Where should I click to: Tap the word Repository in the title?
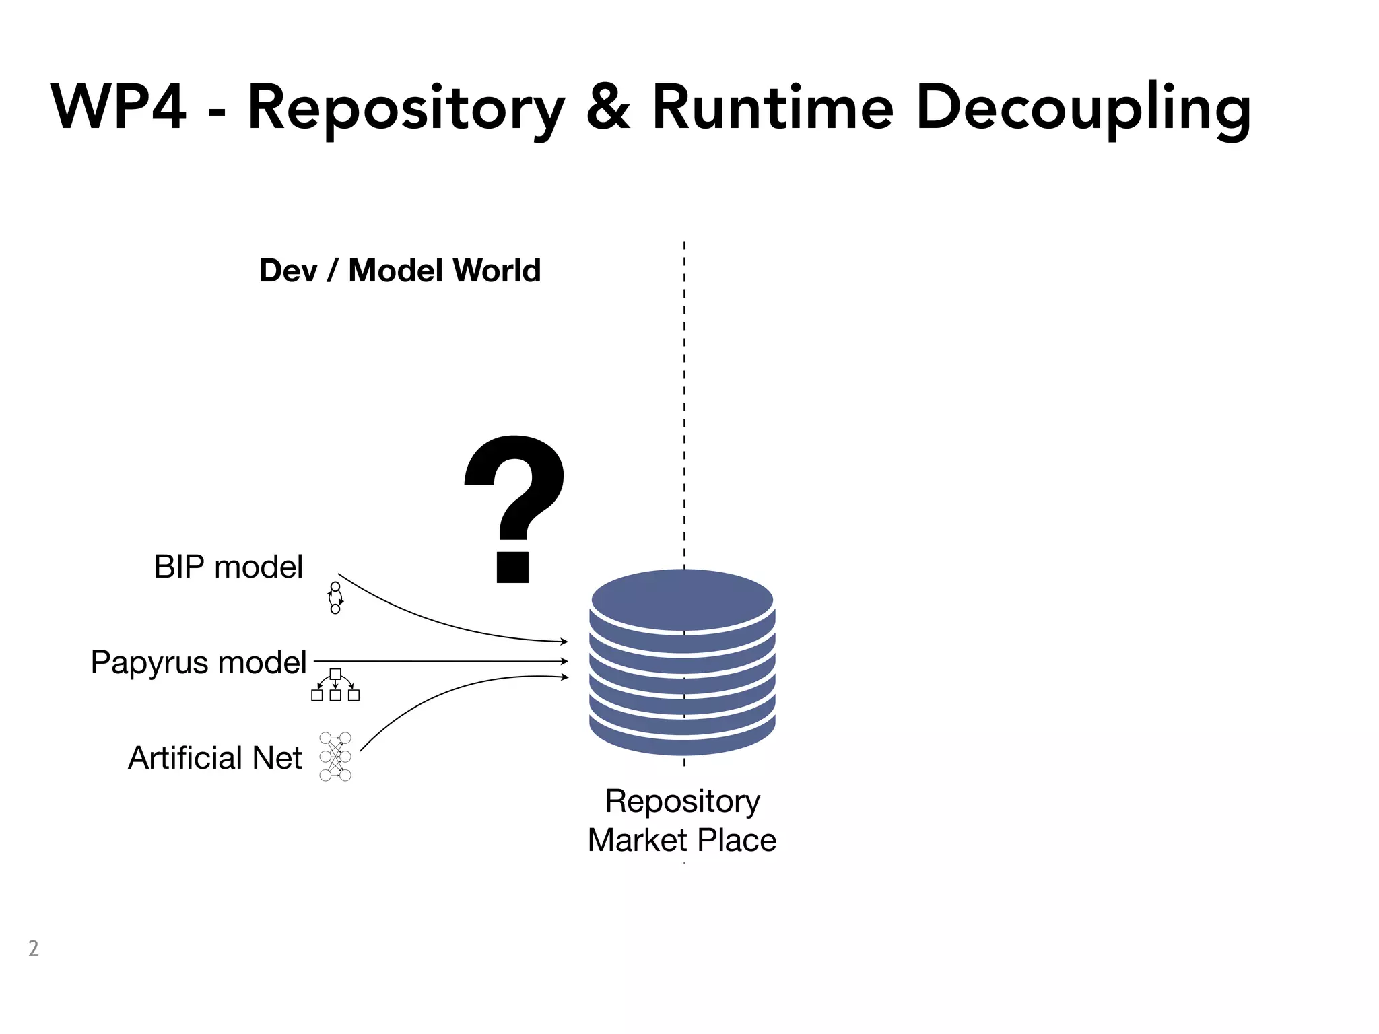click(406, 109)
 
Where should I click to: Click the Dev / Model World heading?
click(400, 271)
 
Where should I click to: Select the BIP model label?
click(228, 567)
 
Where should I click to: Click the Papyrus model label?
click(199, 662)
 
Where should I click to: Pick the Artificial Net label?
click(215, 758)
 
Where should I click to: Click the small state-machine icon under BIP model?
click(335, 598)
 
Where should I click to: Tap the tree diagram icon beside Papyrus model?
click(335, 685)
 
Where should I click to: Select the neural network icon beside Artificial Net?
click(335, 757)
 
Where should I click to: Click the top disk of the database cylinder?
click(682, 599)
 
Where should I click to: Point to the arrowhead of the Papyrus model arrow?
click(564, 662)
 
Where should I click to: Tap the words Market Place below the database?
click(682, 840)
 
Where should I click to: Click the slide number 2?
click(34, 949)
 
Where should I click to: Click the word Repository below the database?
click(682, 801)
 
